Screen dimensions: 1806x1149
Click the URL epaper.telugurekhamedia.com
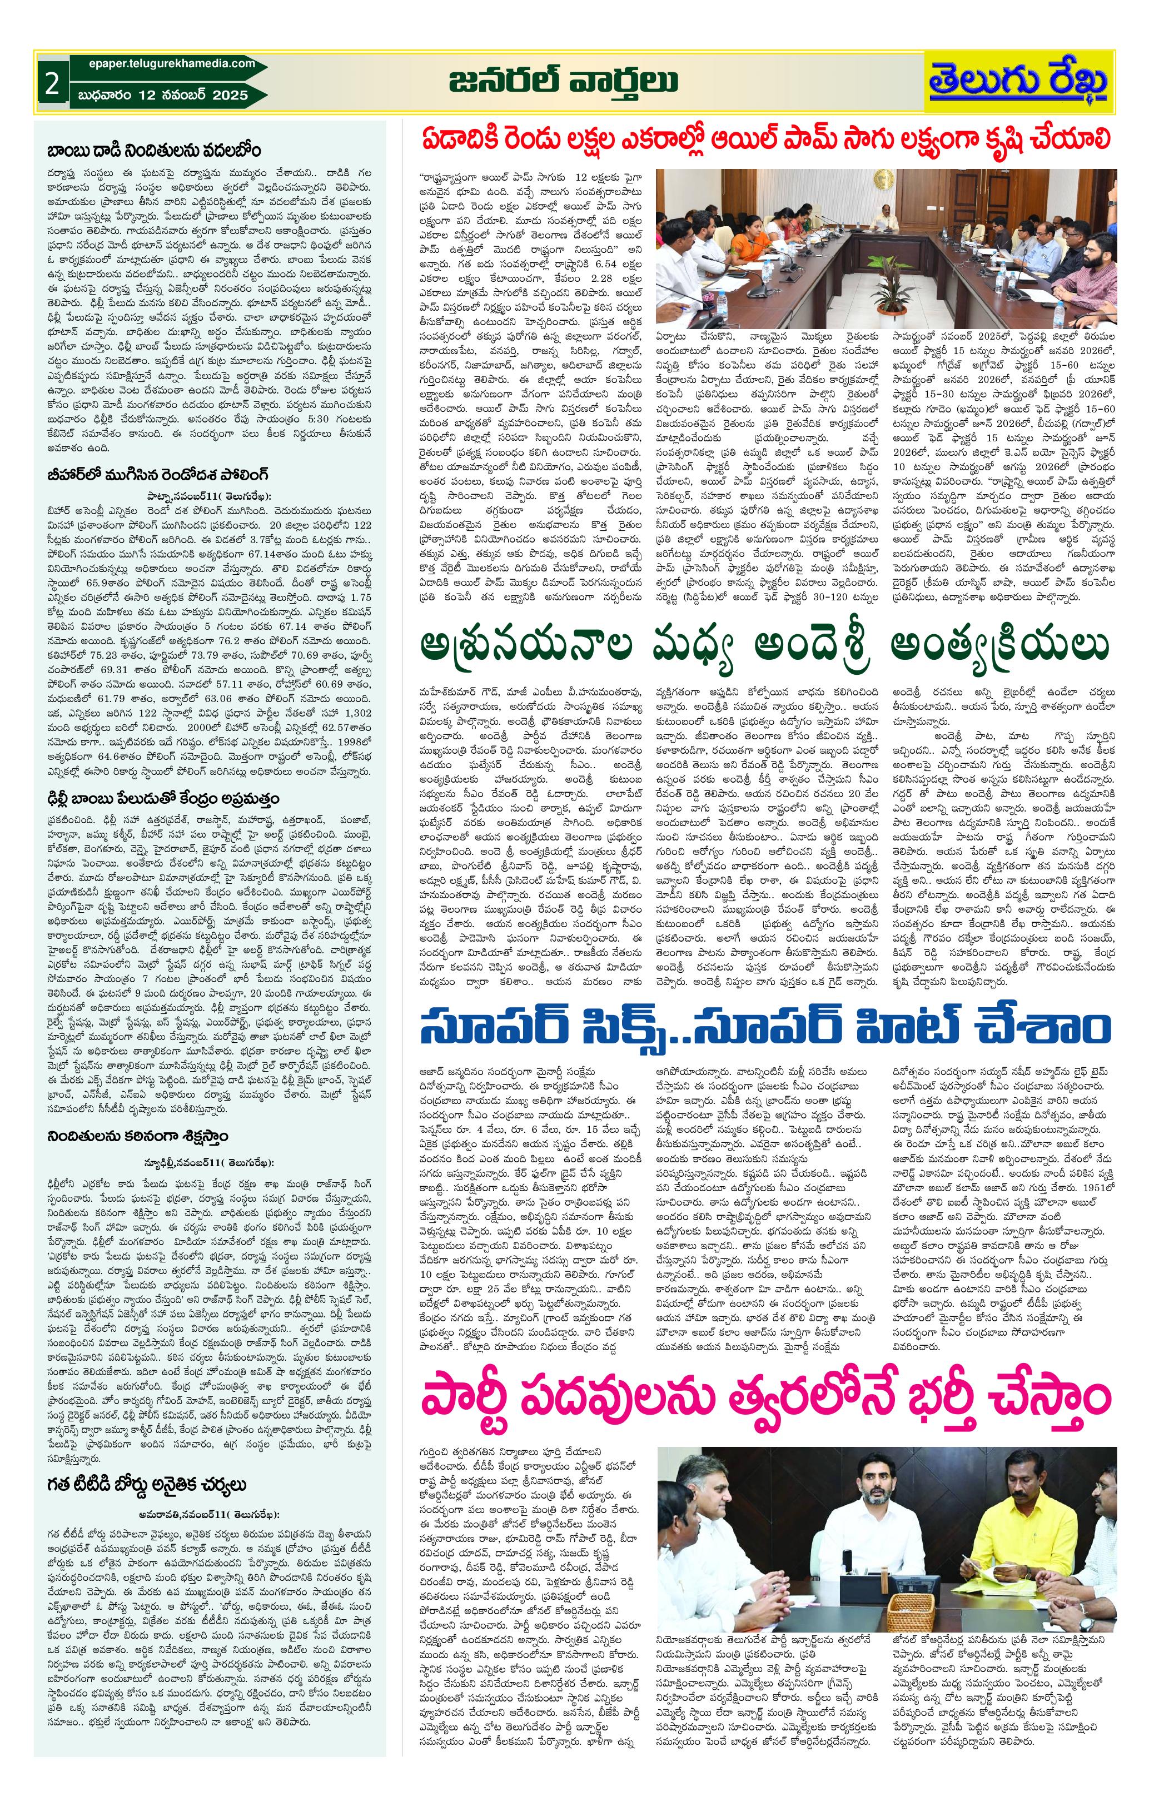(x=167, y=64)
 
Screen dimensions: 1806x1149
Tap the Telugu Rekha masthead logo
(x=1018, y=82)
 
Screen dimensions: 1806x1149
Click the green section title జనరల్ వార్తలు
(x=564, y=81)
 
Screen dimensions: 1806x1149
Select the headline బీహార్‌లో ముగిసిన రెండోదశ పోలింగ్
(x=157, y=475)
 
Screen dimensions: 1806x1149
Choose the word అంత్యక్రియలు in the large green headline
(x=997, y=646)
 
